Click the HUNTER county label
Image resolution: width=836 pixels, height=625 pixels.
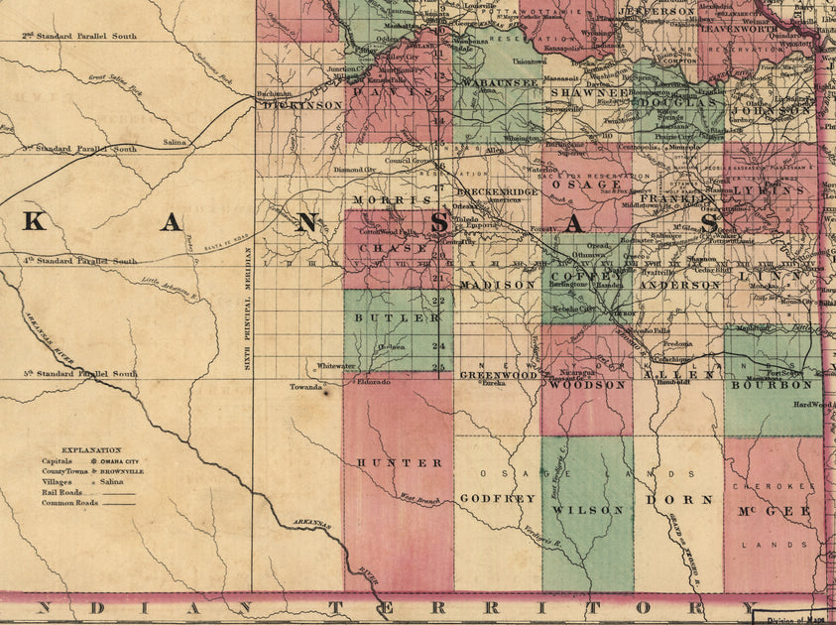pyautogui.click(x=399, y=463)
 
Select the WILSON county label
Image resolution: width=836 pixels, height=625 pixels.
pyautogui.click(x=588, y=510)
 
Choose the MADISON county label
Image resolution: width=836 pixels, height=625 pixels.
pyautogui.click(x=496, y=285)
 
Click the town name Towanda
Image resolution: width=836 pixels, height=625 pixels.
pyautogui.click(x=307, y=387)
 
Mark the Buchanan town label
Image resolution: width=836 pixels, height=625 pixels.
pyautogui.click(x=274, y=94)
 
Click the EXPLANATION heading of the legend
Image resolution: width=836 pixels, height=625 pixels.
pyautogui.click(x=90, y=449)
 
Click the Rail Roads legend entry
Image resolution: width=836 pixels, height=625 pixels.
pyautogui.click(x=61, y=492)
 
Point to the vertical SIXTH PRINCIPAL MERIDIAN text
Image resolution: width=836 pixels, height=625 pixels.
pyautogui.click(x=248, y=308)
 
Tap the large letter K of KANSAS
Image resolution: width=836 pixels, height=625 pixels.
pyautogui.click(x=34, y=222)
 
